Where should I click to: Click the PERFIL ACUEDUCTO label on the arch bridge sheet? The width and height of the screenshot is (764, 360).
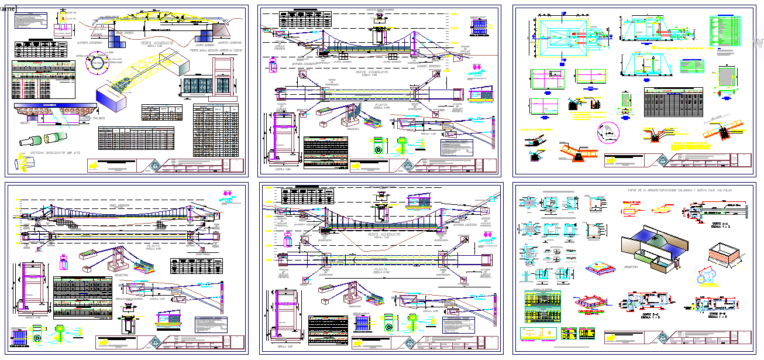(x=152, y=43)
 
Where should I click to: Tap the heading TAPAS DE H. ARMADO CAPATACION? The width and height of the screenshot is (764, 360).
(x=680, y=191)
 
